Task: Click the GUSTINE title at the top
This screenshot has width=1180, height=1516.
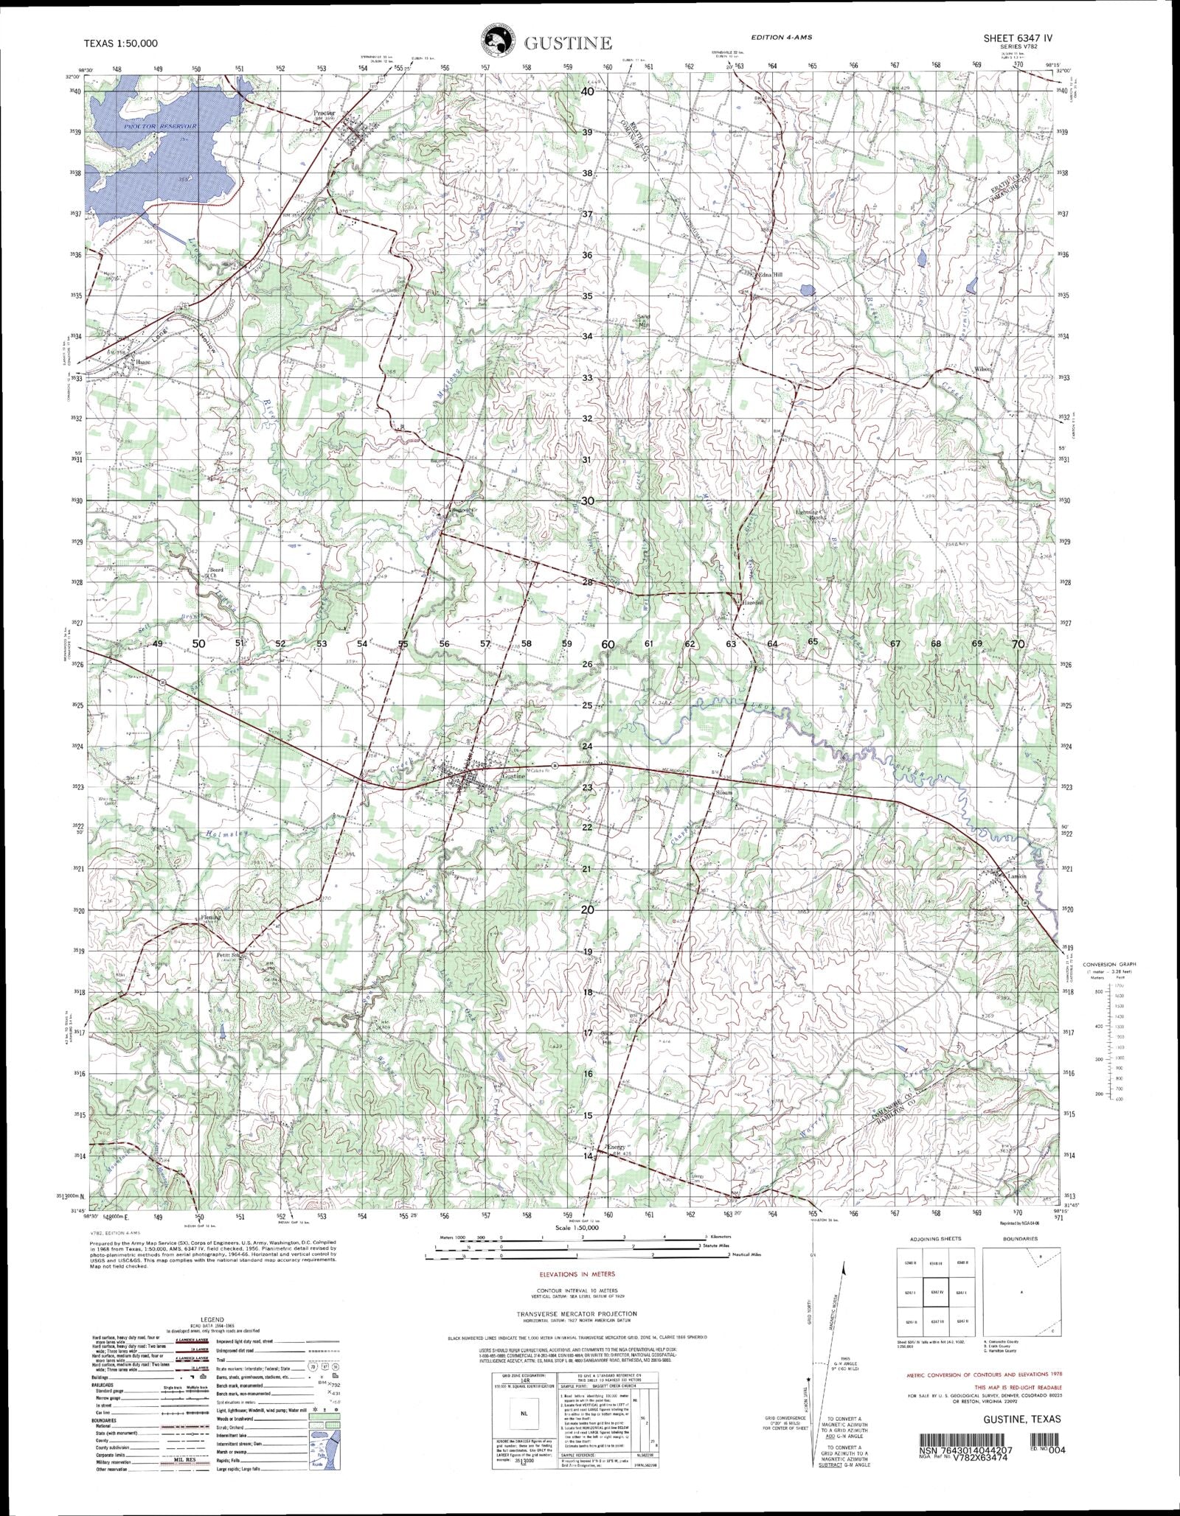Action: point(567,43)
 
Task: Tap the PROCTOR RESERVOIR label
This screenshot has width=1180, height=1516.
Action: point(161,127)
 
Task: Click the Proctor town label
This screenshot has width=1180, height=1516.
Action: point(324,113)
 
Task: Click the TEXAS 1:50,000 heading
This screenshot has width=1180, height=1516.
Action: point(121,43)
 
